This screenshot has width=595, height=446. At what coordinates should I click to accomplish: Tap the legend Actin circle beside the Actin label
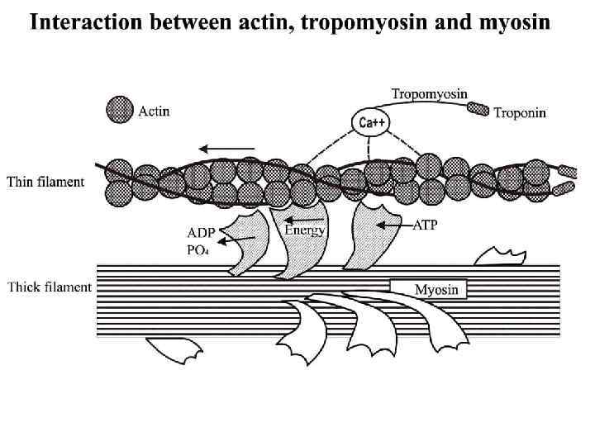119,109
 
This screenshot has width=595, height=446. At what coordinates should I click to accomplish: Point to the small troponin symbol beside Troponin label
478,108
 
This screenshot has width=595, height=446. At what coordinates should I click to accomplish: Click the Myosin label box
429,289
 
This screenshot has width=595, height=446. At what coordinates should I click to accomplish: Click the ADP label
202,232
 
